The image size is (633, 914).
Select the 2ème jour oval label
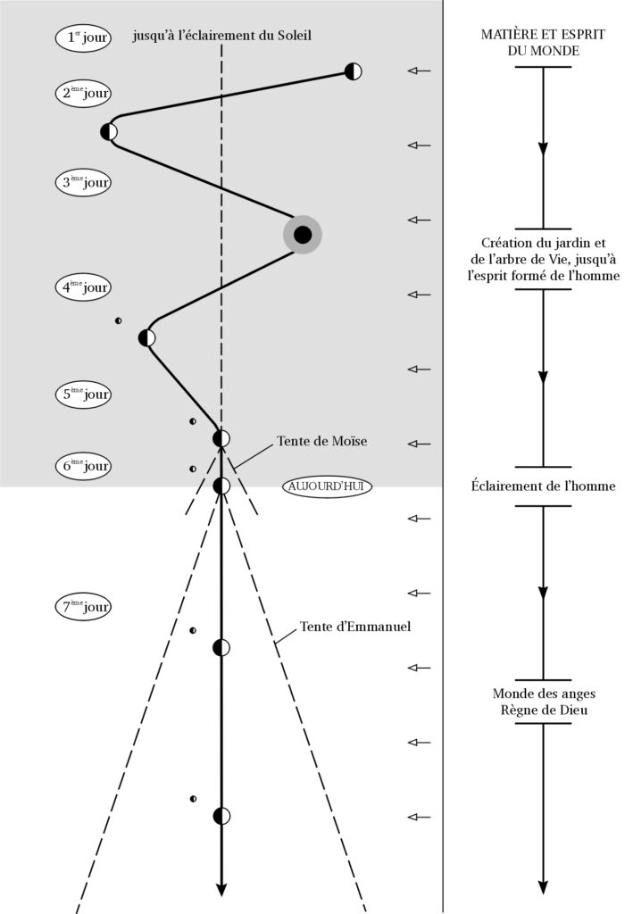coord(82,94)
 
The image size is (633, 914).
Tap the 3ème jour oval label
coord(82,183)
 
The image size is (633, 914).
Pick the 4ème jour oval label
coord(82,287)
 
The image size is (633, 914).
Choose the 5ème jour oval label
coord(82,395)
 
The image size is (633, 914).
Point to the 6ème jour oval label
coord(82,465)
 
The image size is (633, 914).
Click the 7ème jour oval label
coord(82,608)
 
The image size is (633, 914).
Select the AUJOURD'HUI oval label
coord(326,486)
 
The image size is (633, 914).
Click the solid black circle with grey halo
coord(303,235)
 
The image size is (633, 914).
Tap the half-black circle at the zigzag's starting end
coord(354,71)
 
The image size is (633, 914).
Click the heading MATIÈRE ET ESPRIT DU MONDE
coord(542,42)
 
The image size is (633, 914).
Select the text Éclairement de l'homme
coord(542,486)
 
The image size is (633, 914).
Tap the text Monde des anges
coord(542,694)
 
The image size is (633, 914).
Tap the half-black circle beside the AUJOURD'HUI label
coord(221,486)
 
